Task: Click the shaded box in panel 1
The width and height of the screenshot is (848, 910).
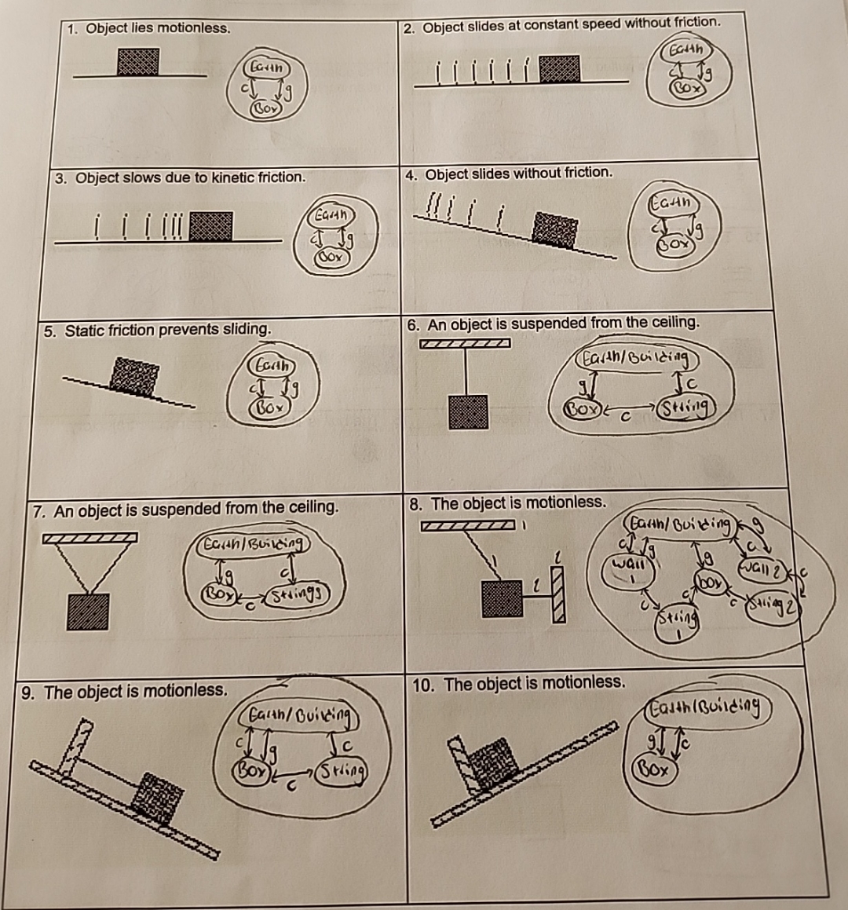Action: point(138,61)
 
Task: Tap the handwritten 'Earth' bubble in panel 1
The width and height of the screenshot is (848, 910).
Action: point(265,66)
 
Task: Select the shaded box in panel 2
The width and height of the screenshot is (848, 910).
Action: point(559,69)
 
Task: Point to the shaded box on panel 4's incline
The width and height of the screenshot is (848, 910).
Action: point(555,229)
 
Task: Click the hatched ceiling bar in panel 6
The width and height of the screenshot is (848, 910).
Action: point(466,343)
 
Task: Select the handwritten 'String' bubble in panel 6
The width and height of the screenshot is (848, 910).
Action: point(685,407)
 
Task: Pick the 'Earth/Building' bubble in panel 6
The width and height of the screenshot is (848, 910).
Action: point(636,360)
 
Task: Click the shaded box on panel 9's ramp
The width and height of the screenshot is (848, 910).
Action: point(157,797)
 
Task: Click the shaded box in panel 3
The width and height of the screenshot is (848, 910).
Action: point(210,225)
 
